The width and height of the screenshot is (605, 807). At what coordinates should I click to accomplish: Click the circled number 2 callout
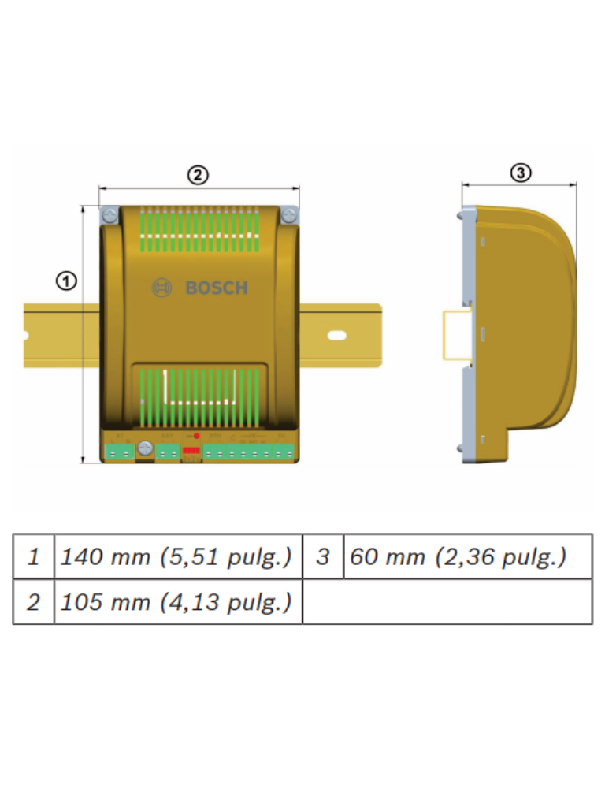[197, 175]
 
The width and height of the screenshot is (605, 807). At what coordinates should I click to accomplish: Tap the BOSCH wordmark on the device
[217, 288]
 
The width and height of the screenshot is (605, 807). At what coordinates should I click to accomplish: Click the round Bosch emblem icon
[161, 288]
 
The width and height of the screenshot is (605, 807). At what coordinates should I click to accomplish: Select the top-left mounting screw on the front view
[109, 214]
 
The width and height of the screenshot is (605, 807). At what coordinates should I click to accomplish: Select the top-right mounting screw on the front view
[289, 214]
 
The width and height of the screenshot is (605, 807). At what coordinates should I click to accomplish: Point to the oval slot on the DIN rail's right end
[337, 336]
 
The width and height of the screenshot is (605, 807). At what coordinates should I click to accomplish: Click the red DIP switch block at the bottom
[191, 452]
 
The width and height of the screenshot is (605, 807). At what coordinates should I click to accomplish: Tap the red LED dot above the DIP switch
[196, 436]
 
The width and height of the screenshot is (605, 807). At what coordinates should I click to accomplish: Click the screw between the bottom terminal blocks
[144, 448]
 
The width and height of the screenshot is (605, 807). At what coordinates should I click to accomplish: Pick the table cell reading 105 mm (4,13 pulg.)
[177, 602]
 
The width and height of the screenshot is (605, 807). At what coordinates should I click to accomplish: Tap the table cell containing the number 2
[33, 602]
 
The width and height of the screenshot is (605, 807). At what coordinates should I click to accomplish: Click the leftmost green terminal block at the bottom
[120, 452]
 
